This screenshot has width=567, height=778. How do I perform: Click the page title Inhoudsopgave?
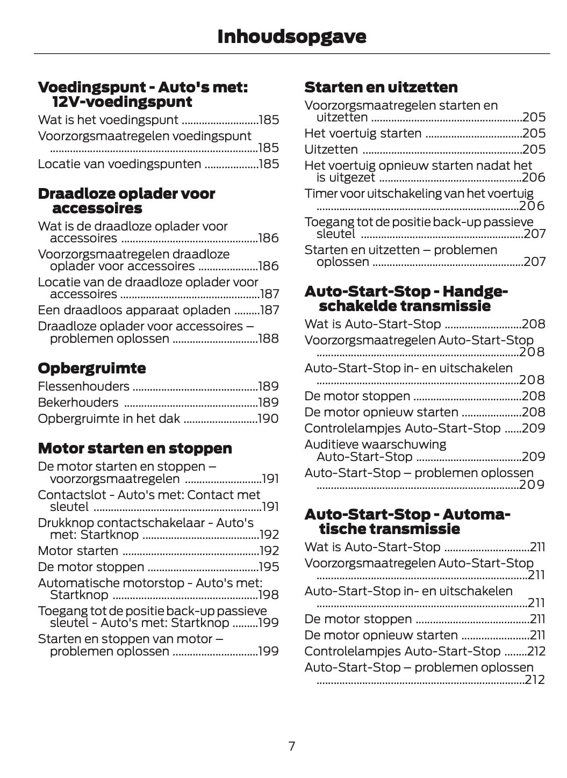(291, 37)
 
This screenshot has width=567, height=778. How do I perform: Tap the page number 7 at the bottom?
(291, 746)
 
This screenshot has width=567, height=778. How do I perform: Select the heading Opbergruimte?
(92, 369)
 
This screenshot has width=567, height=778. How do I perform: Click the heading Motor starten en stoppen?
(135, 449)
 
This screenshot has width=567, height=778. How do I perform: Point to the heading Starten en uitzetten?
(381, 88)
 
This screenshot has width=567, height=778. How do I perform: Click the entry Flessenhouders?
(84, 386)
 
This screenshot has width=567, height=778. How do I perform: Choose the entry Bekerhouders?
(78, 402)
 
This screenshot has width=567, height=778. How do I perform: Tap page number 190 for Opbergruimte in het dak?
(268, 419)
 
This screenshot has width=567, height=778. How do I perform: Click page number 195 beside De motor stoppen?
(268, 567)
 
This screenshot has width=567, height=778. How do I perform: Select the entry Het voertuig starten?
(363, 133)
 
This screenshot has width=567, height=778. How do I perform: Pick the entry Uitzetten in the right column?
(331, 149)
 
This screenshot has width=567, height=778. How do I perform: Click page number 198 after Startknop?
(268, 595)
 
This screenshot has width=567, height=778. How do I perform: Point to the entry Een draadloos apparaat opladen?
(134, 310)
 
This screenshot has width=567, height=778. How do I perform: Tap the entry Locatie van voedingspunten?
(119, 164)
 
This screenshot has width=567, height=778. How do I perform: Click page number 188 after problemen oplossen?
(268, 338)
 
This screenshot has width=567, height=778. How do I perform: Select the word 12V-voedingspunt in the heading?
(122, 102)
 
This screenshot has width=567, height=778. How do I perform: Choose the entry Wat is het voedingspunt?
(108, 120)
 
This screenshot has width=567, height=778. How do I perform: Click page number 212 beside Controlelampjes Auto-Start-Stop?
(536, 651)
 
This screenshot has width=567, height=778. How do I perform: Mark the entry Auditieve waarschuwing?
(375, 444)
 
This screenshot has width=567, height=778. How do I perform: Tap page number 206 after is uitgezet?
(534, 177)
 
